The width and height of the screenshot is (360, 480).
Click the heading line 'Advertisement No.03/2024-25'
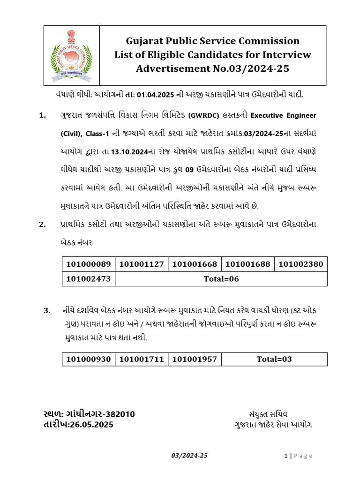(x=212, y=69)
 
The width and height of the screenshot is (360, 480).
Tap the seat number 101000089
(x=89, y=264)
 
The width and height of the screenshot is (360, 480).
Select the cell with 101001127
(x=142, y=264)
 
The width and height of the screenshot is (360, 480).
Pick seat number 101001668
(x=195, y=264)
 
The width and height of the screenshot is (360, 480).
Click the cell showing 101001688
(x=247, y=264)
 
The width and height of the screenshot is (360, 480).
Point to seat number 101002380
(x=300, y=264)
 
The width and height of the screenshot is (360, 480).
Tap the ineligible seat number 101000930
(x=89, y=359)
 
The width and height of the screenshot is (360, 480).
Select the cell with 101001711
(x=142, y=359)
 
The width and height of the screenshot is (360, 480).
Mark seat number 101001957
(x=195, y=359)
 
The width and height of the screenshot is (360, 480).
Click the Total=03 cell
(x=274, y=359)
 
